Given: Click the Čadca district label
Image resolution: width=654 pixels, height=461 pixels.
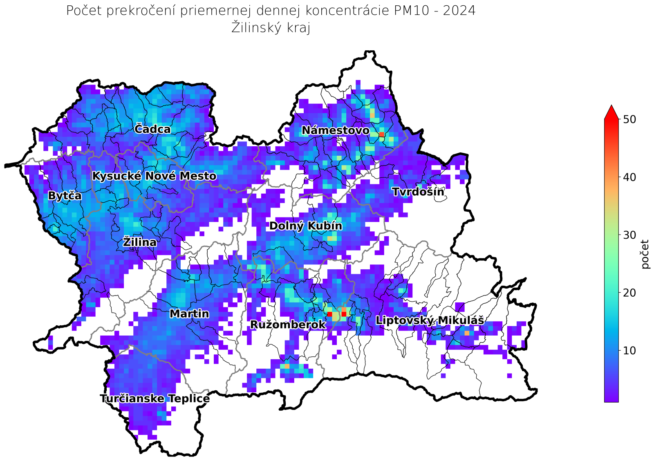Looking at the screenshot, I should [152, 130].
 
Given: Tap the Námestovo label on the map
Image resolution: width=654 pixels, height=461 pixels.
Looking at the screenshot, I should [336, 131].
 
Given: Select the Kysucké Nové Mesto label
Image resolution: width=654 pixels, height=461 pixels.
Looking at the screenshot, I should [154, 176].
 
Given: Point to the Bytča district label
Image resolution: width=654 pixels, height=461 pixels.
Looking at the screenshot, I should [65, 196].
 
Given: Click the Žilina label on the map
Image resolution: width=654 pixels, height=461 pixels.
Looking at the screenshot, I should [140, 242].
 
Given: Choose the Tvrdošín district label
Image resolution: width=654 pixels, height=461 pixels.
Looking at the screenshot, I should [418, 192].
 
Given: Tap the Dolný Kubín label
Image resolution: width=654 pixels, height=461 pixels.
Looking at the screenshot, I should [305, 226].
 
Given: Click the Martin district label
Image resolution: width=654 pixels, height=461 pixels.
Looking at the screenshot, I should [189, 314].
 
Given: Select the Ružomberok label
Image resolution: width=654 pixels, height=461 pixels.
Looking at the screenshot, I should [288, 325].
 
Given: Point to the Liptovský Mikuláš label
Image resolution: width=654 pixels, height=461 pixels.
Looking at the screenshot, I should [430, 320].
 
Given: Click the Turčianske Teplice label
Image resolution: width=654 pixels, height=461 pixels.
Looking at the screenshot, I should [155, 399].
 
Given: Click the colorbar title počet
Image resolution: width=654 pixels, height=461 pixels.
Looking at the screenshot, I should [645, 254].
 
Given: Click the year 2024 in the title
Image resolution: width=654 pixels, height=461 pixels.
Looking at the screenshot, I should [460, 11].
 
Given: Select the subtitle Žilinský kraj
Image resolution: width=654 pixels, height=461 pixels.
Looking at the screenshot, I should [271, 28].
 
